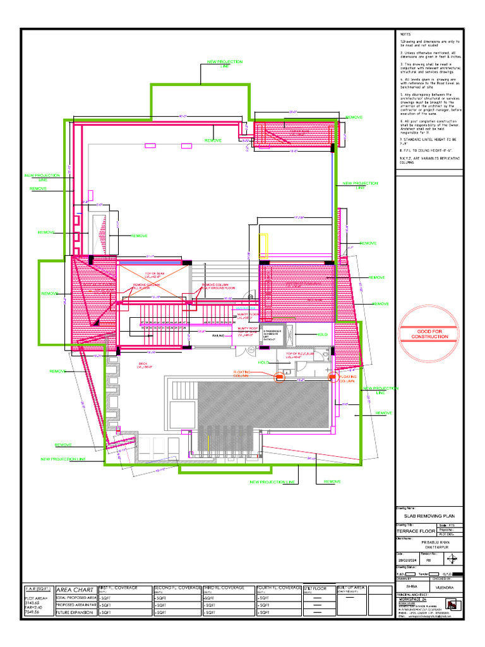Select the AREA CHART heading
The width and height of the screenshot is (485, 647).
(x=75, y=590)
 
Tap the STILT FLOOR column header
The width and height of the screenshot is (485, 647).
(x=316, y=588)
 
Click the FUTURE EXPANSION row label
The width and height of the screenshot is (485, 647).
(x=75, y=612)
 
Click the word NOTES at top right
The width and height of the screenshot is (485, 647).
(x=405, y=33)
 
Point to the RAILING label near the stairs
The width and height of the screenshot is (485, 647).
(x=218, y=336)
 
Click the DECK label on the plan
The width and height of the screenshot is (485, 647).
(x=143, y=364)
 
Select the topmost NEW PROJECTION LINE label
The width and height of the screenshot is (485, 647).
(x=225, y=64)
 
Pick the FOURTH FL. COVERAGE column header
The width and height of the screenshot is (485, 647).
(x=279, y=588)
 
